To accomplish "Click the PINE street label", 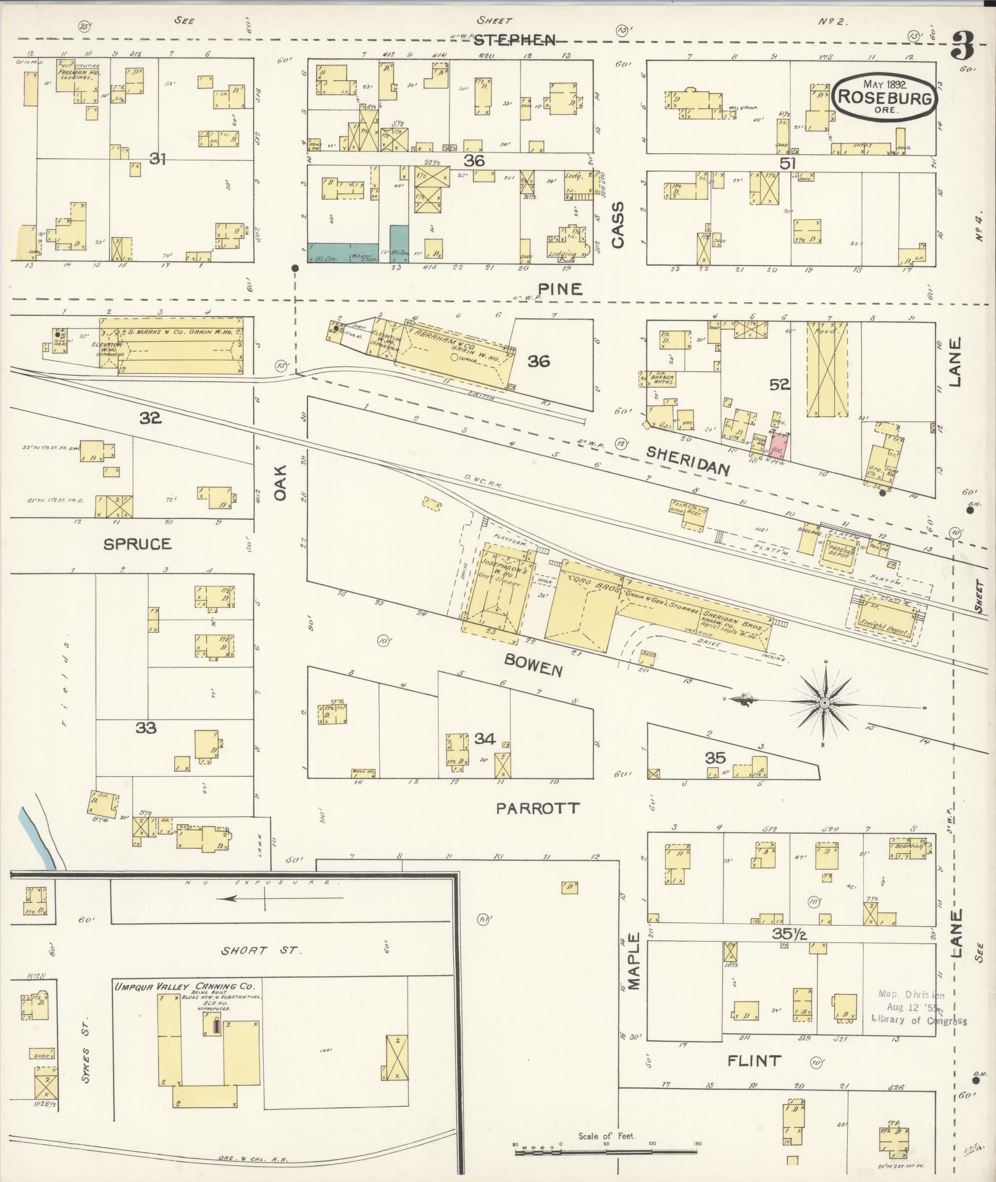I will [559, 289].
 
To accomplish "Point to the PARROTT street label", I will [538, 808].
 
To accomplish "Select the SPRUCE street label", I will [137, 544].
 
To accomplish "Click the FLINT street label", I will [754, 1062].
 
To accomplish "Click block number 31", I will [158, 159].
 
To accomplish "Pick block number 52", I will [780, 384].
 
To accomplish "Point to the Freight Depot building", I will [886, 620].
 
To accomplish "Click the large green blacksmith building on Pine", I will [343, 251].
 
